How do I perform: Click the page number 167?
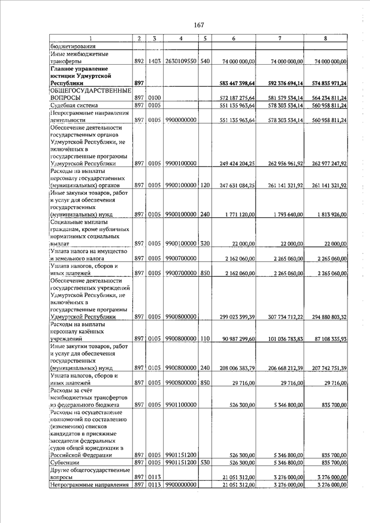point(199,25)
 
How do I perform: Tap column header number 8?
point(325,39)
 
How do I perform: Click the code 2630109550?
point(181,61)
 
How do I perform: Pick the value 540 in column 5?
point(205,61)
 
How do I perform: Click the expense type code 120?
point(205,186)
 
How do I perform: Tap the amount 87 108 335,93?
point(325,339)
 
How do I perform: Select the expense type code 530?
point(205,463)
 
